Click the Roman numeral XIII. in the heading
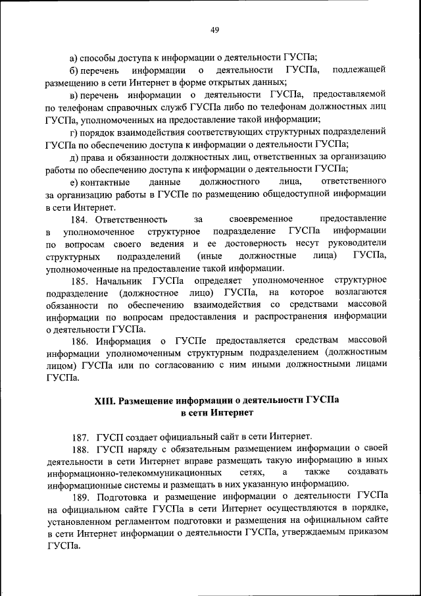[x=106, y=400]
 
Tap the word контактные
[x=106, y=181]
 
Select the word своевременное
[x=260, y=219]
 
